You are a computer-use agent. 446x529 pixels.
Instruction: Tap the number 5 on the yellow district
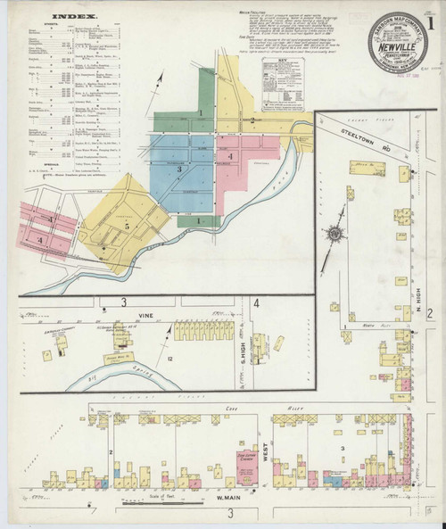tap(128, 226)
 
